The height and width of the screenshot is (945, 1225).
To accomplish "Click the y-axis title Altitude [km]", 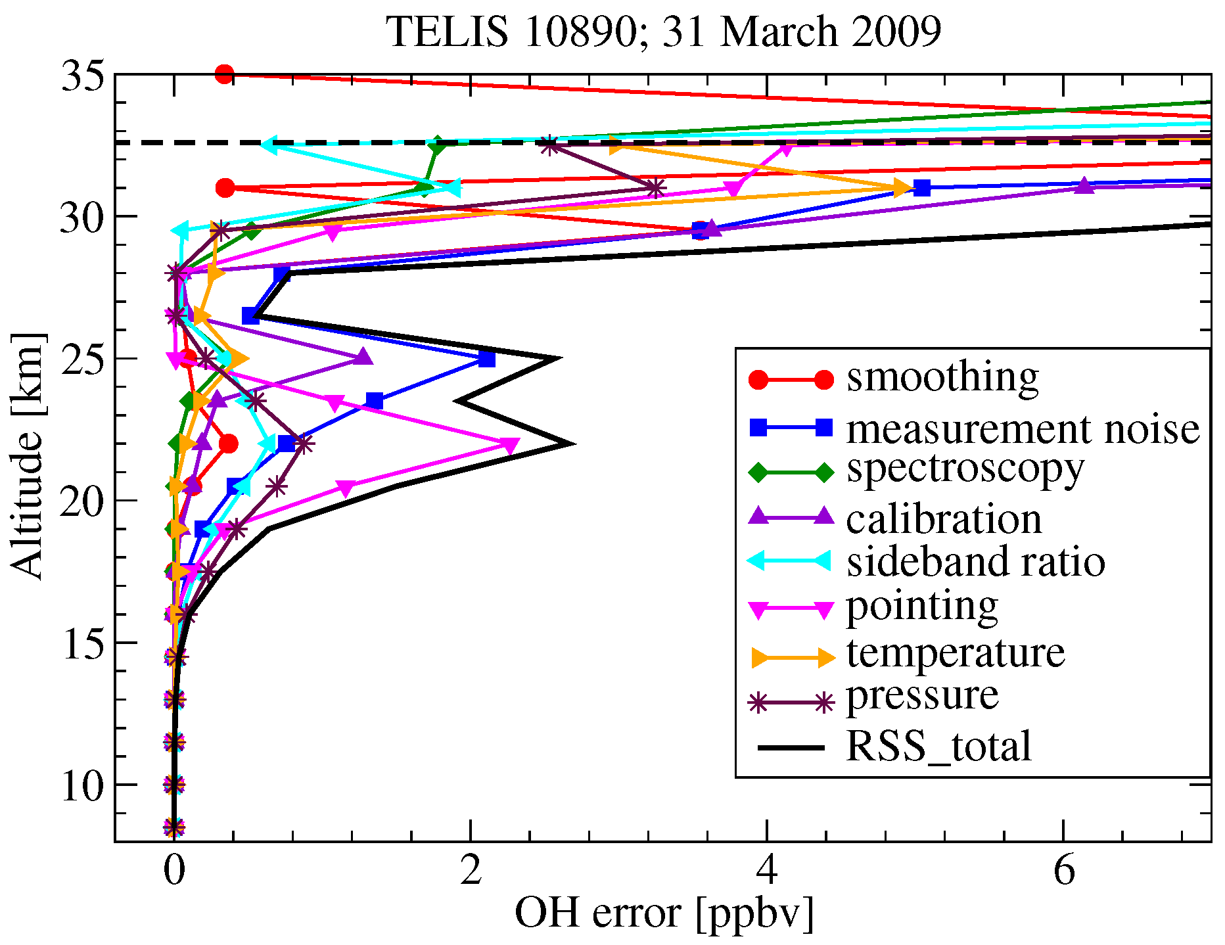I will [28, 457].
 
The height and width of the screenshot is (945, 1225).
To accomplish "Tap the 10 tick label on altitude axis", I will [82, 785].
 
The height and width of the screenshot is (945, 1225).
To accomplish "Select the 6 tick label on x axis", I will [1064, 871].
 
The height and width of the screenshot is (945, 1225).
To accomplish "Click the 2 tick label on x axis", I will [471, 871].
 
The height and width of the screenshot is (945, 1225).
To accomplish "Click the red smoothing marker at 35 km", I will [225, 74].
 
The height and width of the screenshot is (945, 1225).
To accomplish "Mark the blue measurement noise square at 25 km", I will [486, 359].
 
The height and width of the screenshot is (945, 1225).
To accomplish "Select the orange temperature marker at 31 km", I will [902, 188].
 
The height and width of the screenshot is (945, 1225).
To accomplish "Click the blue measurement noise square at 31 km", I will [922, 188].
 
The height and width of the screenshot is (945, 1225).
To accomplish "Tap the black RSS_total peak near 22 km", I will [572, 444].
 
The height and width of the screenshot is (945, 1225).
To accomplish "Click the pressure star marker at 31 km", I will [655, 188].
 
